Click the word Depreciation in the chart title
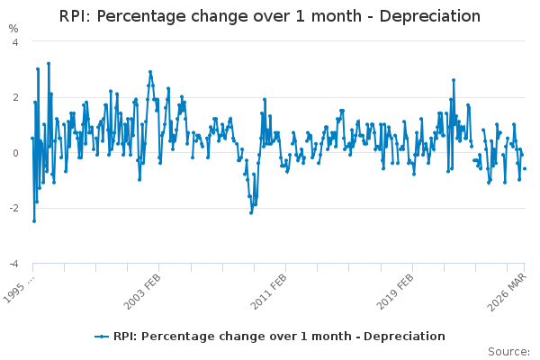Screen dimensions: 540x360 click(430, 16)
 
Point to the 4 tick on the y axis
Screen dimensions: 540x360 click(15, 42)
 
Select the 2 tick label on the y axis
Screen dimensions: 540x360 click(15, 97)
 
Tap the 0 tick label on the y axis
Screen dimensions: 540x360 click(15, 153)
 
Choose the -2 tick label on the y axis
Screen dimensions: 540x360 click(13, 209)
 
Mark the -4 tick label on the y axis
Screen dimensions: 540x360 click(13, 264)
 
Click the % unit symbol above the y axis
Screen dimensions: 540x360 click(13, 29)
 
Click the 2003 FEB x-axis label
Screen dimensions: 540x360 click(142, 292)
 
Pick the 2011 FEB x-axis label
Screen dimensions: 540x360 click(268, 292)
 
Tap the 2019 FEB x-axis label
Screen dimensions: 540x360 click(395, 292)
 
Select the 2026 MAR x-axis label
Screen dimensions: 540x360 click(507, 292)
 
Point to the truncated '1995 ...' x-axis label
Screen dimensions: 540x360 click(19, 289)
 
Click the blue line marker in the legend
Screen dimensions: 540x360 click(102, 337)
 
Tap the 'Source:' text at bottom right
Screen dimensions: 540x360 click(508, 352)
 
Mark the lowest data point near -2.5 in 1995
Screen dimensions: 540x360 click(34, 221)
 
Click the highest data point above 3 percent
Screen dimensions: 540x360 click(49, 63)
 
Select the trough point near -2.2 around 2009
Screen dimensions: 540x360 click(251, 213)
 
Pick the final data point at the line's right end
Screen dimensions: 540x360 click(525, 168)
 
